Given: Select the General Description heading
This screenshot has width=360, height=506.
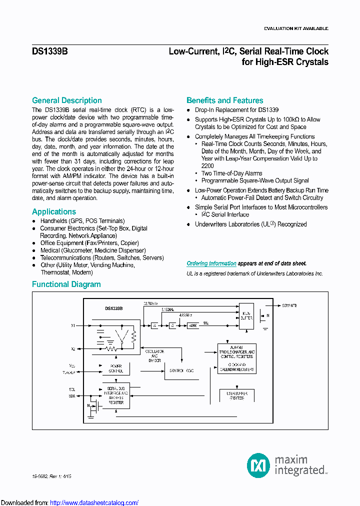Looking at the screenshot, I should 66,100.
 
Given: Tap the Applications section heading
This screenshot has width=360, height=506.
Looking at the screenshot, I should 54,211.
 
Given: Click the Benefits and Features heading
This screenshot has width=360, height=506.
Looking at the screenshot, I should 224,100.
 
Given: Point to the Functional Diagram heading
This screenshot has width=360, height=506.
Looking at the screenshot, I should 66,284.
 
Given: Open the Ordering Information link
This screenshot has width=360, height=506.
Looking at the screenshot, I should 211,263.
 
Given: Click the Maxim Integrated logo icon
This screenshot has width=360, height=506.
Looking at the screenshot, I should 258,465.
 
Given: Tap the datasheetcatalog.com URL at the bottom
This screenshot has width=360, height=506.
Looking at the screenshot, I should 94,502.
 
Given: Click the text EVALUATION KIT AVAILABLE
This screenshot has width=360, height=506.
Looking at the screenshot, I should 295,29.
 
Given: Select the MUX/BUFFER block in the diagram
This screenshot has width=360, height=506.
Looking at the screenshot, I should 246,315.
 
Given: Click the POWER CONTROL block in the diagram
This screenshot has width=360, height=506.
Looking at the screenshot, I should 116,368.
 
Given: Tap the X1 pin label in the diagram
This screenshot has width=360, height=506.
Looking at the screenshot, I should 73,325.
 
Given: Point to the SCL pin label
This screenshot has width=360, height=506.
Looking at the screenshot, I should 72,388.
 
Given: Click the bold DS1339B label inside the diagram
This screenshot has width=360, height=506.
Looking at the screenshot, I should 114,308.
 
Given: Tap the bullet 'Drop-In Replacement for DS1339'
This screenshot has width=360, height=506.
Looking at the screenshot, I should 236,110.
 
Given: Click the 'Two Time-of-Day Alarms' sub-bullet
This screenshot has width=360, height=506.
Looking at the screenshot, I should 231,173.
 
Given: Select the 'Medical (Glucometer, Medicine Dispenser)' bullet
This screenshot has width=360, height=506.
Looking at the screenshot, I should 93,250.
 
